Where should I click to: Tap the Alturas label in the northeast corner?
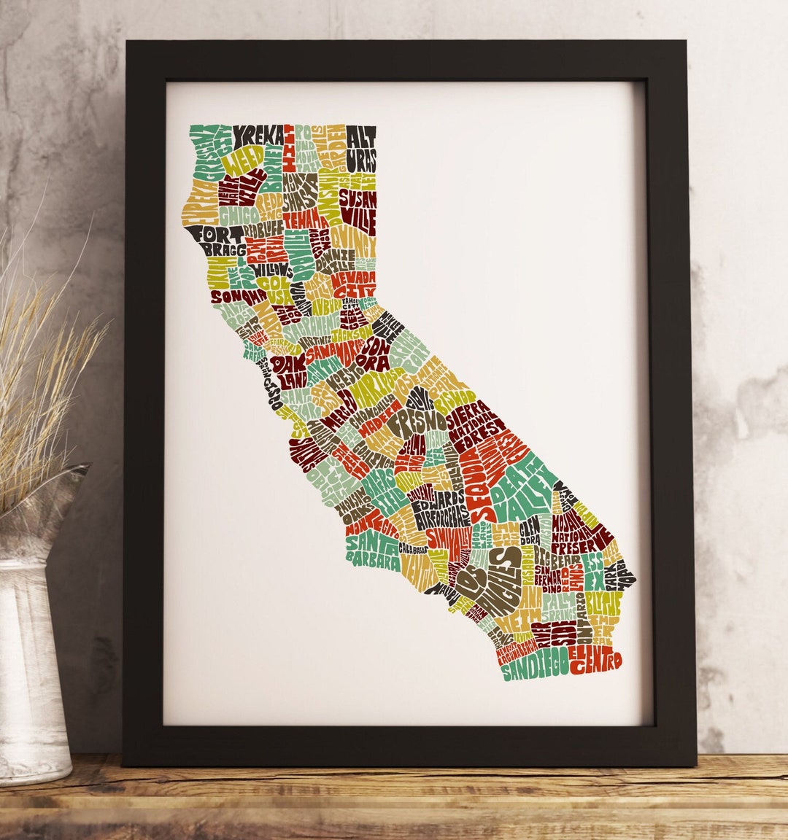pyautogui.click(x=360, y=148)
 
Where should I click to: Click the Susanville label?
pyautogui.click(x=358, y=206)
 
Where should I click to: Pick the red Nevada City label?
pyautogui.click(x=354, y=285)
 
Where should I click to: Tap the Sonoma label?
pyautogui.click(x=238, y=296)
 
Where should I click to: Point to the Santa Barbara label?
pyautogui.click(x=372, y=551)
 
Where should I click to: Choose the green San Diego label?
pyautogui.click(x=535, y=666)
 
